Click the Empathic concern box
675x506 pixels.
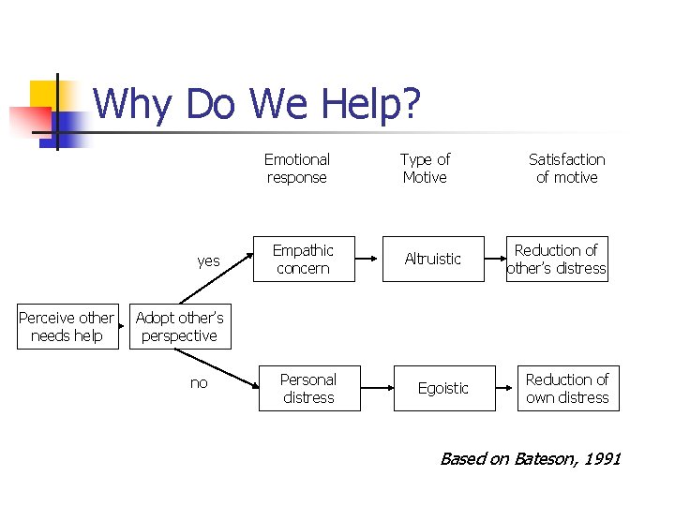click(303, 260)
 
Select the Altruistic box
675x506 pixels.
click(433, 260)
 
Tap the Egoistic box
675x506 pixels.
click(443, 388)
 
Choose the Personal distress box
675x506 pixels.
click(308, 388)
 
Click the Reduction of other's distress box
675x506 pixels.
click(557, 260)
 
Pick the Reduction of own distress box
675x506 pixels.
click(567, 388)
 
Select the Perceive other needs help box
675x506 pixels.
click(67, 326)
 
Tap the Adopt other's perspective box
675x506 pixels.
click(179, 326)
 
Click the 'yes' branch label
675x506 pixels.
click(208, 260)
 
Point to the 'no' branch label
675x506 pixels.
click(199, 383)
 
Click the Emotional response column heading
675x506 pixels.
click(296, 168)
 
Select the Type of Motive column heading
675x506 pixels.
click(425, 168)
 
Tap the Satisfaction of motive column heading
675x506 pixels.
click(566, 168)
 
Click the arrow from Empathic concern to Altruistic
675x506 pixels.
click(368, 260)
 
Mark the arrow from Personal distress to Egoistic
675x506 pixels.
click(377, 388)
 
